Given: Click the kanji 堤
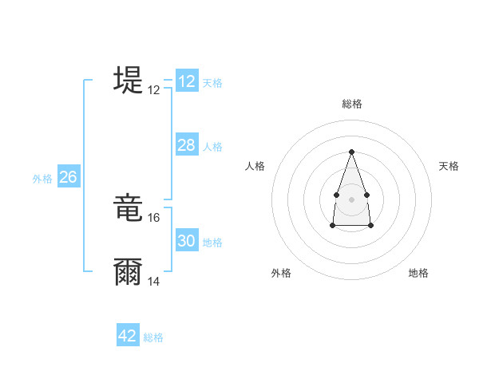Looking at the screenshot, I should coord(129,80).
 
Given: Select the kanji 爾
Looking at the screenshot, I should coord(129,272).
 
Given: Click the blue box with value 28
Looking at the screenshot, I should coord(186,145).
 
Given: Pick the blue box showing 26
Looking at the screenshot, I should coord(68,177).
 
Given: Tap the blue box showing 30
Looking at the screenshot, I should coord(186,241).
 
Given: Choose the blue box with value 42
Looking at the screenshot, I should coord(128,336).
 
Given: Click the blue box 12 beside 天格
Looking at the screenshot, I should coord(187,81).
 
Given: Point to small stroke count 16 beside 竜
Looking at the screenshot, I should coord(155,217).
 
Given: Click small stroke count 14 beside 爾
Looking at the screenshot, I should coord(155,281).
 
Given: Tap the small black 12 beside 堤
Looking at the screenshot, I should coord(154,90).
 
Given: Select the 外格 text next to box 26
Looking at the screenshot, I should coord(42,179).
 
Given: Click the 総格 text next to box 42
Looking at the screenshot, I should coord(153,337).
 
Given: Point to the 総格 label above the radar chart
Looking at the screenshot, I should coord(351,104).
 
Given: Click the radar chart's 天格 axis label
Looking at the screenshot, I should coord(449,166).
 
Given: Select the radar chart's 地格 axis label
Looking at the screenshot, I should coord(418,273).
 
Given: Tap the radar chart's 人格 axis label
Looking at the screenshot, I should coord(255,166).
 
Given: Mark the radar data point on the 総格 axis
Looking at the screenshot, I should coord(351,152).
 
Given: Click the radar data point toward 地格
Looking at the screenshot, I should coord(371,226).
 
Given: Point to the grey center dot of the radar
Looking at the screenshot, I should coord(351,198).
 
